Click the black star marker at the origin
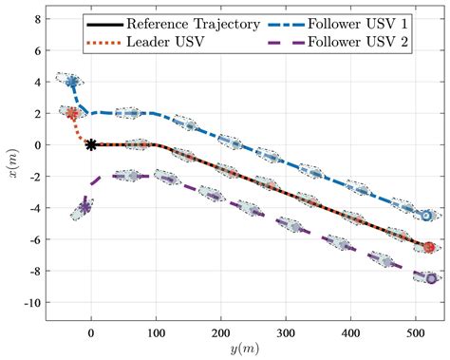[x=91, y=144]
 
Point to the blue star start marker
[x=72, y=82]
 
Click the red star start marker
[x=72, y=113]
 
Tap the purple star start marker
[x=85, y=207]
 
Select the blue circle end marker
[x=427, y=216]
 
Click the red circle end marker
[x=429, y=247]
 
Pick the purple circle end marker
[x=431, y=278]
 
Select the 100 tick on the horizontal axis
[x=156, y=332]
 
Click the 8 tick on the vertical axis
[x=36, y=19]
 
